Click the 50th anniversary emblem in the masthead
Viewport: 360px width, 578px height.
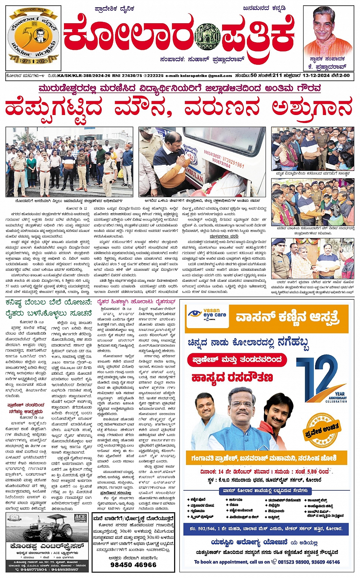[34, 37]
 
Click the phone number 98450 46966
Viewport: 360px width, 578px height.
[133, 565]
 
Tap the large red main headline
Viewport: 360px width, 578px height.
[179, 108]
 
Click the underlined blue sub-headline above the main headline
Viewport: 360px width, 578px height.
[179, 89]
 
